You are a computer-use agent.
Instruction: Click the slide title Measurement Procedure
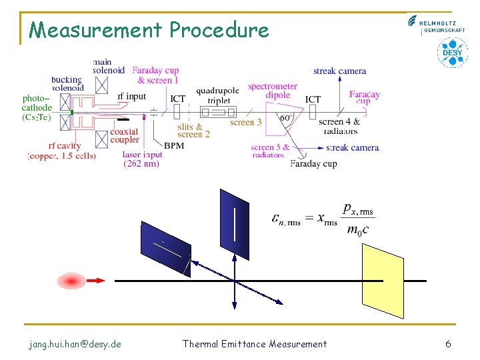pos(149,30)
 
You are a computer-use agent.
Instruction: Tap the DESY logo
pos(452,53)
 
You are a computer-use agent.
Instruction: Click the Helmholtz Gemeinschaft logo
pos(436,25)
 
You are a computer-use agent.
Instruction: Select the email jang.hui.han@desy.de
pos(75,344)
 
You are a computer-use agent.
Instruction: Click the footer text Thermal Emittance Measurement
pos(255,344)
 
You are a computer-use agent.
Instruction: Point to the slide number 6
pos(448,344)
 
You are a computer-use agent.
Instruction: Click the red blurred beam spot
pos(71,281)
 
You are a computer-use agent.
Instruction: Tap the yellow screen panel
pos(382,281)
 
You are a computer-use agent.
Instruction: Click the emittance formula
pos(323,219)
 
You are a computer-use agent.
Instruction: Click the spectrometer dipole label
pos(273,91)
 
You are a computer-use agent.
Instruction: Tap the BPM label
pos(174,145)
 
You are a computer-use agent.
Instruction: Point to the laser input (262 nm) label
pos(143,159)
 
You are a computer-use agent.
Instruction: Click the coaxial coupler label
pos(125,135)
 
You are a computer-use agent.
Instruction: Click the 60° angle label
pos(286,119)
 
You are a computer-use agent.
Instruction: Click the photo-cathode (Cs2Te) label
pos(37,108)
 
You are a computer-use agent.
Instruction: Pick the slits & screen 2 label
pos(193,130)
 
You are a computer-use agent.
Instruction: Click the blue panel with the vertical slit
pos(234,225)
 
